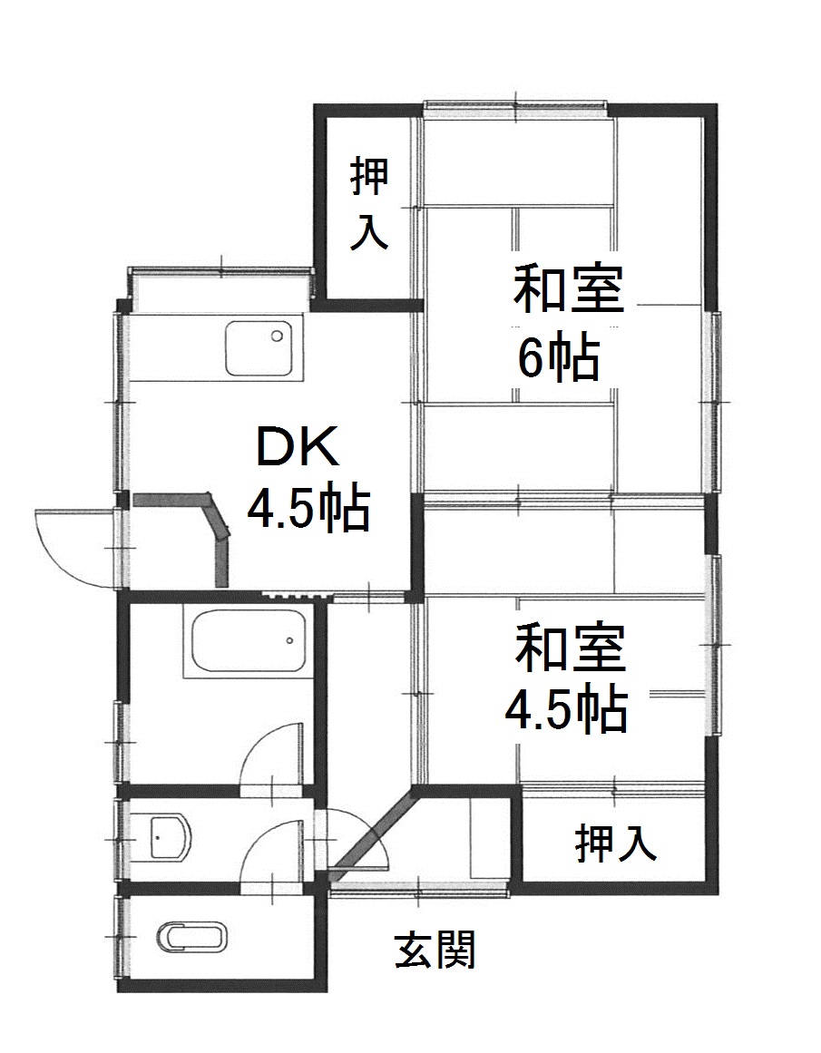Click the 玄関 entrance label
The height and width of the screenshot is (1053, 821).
click(x=435, y=949)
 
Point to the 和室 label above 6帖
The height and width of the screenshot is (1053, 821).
click(x=569, y=288)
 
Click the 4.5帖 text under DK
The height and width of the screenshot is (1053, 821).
click(x=308, y=509)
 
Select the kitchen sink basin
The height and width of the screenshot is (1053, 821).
click(x=259, y=348)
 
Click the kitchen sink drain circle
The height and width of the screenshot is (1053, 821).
click(x=277, y=336)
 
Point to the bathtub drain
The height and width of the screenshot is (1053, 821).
click(x=289, y=640)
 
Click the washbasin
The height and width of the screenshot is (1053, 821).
click(x=171, y=836)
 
